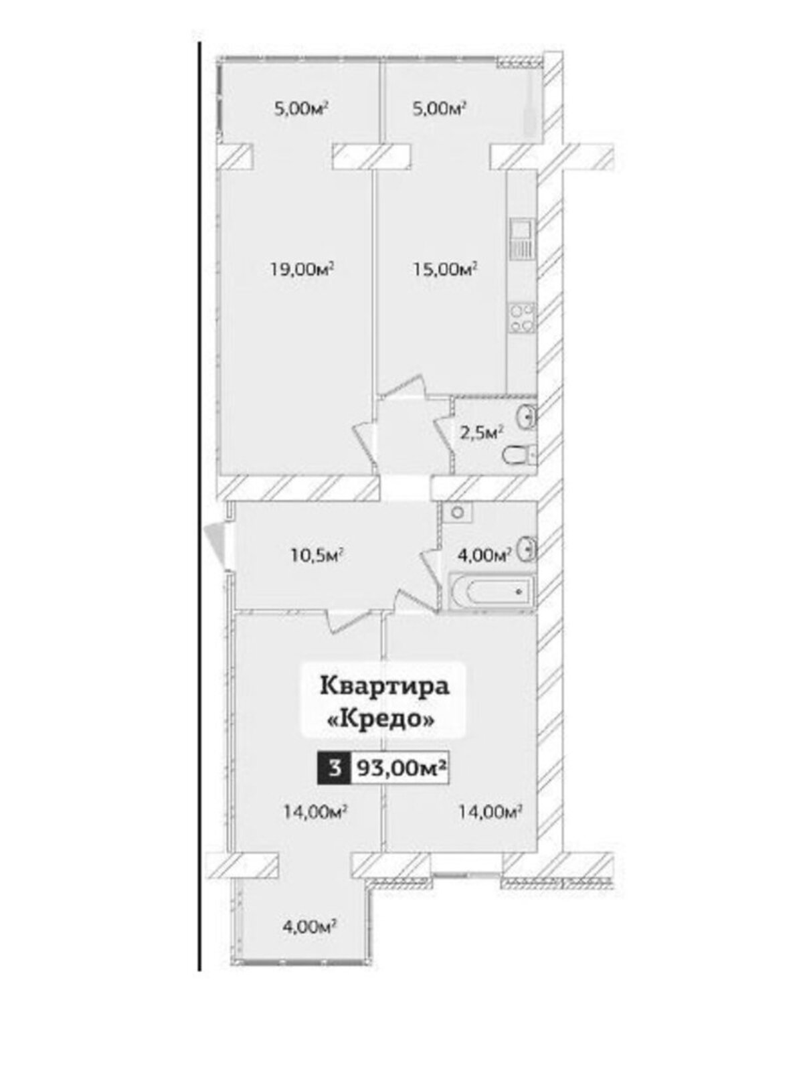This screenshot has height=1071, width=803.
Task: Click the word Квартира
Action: (384, 687)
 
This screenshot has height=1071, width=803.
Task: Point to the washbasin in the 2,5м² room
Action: (527, 417)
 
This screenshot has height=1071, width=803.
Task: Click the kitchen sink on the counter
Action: (522, 240)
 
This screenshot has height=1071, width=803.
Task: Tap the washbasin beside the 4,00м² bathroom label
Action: (528, 548)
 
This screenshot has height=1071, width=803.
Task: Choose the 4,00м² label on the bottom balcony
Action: (310, 926)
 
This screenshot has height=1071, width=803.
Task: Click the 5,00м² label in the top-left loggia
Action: (301, 108)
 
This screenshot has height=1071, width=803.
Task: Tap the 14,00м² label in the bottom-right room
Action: (491, 811)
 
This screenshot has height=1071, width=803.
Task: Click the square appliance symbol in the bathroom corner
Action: (457, 512)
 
